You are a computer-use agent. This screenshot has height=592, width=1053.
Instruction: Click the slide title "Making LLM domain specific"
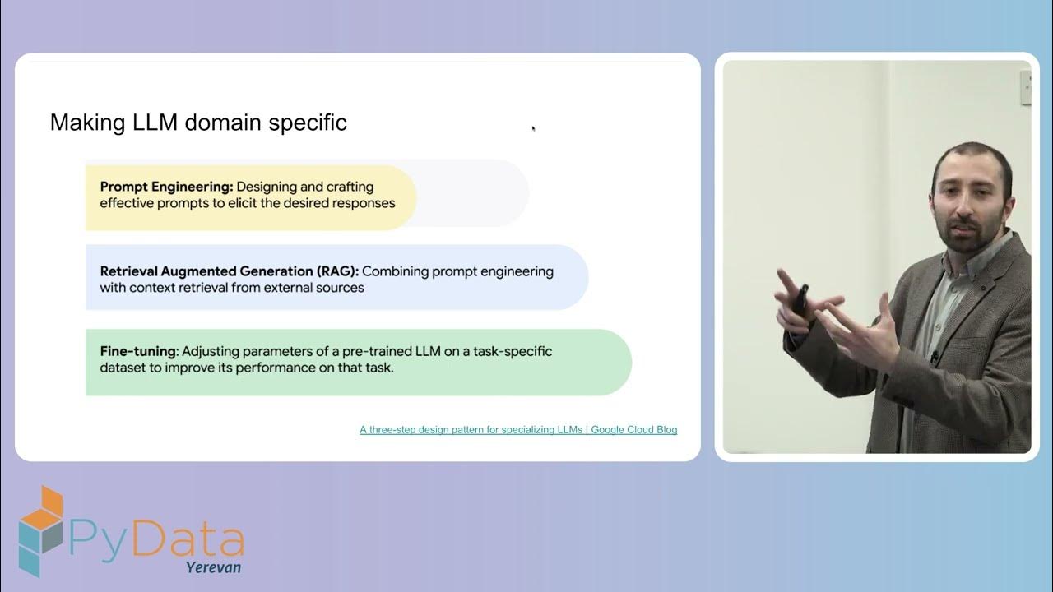198,123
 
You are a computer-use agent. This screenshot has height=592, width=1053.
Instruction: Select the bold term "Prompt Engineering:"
166,187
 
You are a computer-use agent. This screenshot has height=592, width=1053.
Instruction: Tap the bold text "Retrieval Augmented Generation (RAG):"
230,271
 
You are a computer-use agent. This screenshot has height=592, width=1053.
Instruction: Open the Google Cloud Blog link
518,430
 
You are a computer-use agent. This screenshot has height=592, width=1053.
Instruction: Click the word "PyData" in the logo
156,539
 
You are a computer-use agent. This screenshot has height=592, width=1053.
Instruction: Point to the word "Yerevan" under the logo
213,567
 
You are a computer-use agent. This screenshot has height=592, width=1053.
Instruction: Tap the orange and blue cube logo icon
41,530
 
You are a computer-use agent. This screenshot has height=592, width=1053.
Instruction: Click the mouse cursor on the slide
533,128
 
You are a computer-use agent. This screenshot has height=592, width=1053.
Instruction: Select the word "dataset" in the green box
123,368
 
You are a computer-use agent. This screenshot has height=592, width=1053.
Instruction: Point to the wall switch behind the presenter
1026,88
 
